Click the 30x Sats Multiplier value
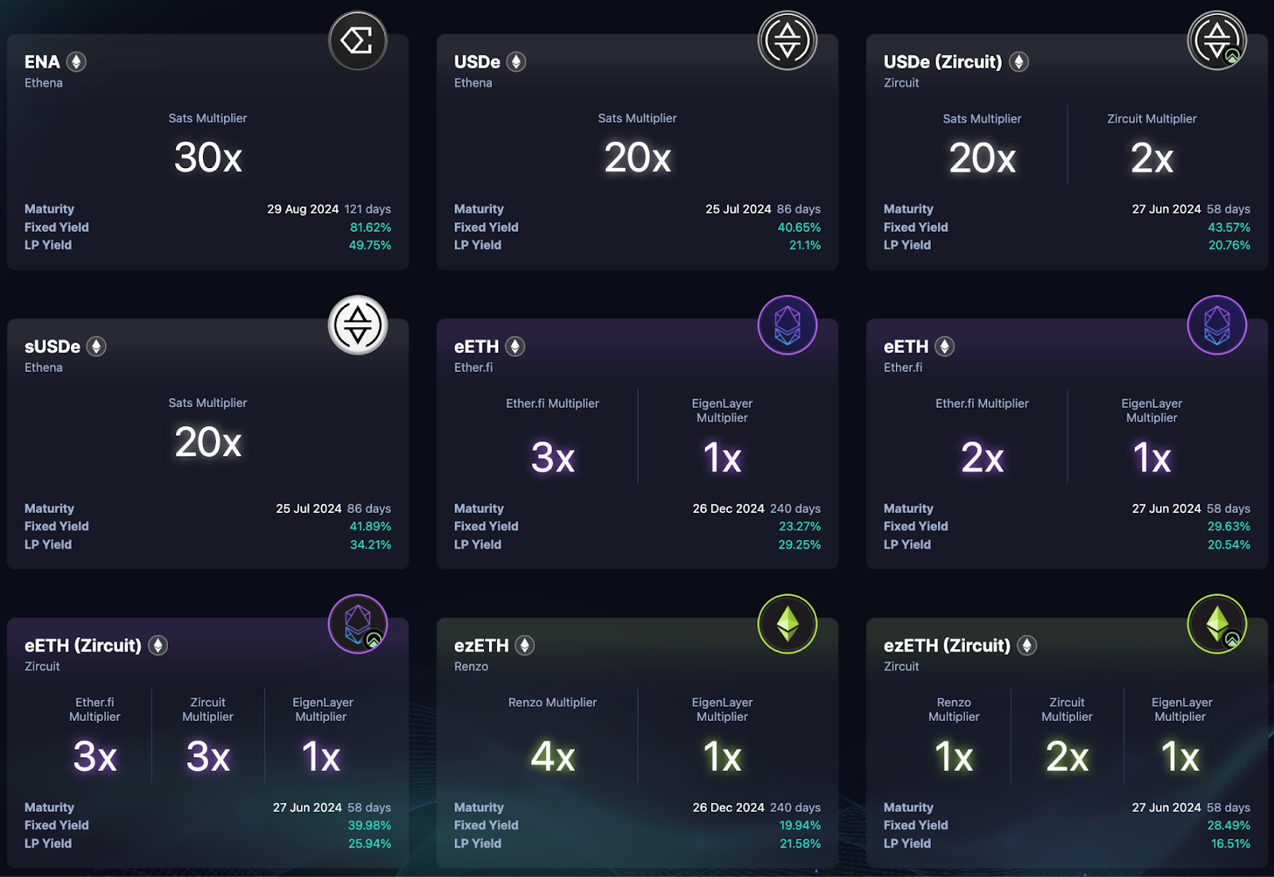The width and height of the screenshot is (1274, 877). (208, 158)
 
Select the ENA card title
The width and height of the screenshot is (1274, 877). (42, 62)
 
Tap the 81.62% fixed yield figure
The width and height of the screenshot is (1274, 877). (370, 227)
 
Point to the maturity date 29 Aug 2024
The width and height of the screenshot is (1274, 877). (303, 209)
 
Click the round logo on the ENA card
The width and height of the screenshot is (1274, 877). (358, 41)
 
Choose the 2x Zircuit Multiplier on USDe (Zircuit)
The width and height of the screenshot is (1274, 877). (1151, 159)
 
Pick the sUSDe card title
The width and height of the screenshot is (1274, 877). (53, 346)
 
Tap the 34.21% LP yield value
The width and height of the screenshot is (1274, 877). (370, 545)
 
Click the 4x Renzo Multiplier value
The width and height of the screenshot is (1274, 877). (553, 757)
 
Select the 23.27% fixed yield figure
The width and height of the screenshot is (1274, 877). (799, 527)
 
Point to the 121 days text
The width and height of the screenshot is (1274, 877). (368, 209)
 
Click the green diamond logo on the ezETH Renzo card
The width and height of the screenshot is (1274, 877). (787, 624)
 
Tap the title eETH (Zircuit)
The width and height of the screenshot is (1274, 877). (83, 645)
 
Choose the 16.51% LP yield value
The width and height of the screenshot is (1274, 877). (1230, 844)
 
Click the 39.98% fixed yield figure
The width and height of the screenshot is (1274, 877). (369, 825)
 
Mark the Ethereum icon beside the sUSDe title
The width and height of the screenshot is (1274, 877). (96, 346)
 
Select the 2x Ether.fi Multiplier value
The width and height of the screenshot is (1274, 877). (982, 458)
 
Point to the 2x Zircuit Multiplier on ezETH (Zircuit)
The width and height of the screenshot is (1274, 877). (1067, 757)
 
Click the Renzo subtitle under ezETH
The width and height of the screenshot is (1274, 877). (471, 667)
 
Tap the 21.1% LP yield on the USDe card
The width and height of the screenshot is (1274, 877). (804, 245)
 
